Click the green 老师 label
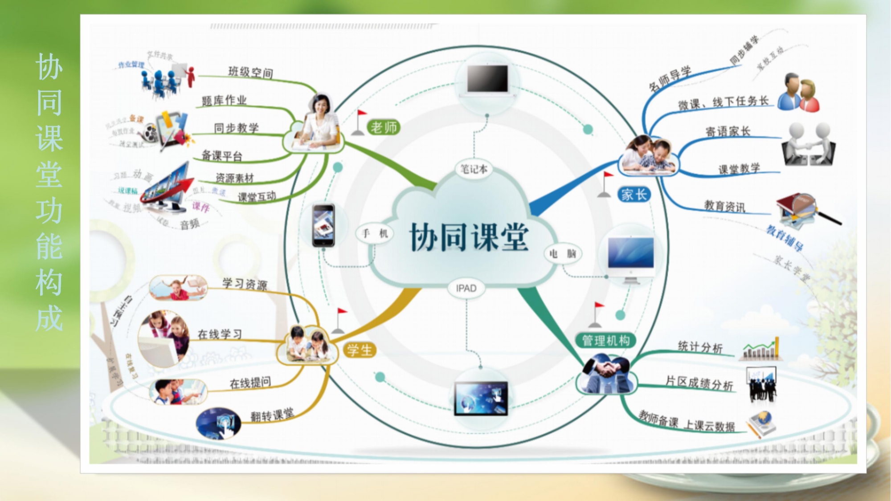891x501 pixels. point(384,128)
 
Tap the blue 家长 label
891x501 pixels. point(634,195)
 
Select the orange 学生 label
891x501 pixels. point(360,350)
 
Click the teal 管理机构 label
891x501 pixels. point(606,341)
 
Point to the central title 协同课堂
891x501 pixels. point(469,237)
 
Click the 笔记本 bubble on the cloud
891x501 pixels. point(474,169)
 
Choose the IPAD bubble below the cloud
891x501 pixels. point(466,288)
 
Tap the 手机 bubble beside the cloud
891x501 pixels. point(375,233)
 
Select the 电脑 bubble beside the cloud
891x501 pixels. point(563,254)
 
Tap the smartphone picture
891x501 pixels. point(323,225)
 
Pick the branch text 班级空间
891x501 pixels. point(250,72)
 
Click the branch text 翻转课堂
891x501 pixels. point(272,415)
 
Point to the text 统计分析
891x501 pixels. point(700,347)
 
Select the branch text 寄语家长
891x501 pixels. point(728,131)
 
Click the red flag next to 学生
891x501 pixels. point(342,313)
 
